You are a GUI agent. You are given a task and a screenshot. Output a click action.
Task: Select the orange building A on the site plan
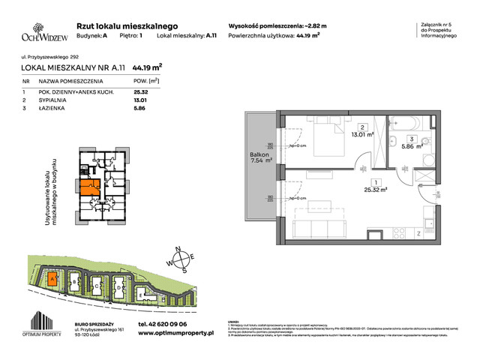51,280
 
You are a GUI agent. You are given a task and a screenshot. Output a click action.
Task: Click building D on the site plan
118,286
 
